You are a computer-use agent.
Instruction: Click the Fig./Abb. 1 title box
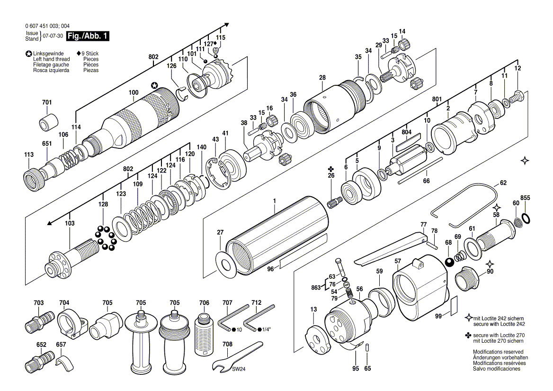[x=88, y=36]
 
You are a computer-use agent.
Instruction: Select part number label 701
[x=47, y=102]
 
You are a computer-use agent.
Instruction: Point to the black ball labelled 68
[x=449, y=263]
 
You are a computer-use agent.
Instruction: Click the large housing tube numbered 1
[x=277, y=236]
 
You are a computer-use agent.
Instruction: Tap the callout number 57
[x=398, y=261]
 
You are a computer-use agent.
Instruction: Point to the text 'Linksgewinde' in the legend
[x=48, y=54]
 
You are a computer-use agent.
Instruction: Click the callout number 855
[x=525, y=198]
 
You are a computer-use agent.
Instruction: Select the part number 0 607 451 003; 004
[x=47, y=26]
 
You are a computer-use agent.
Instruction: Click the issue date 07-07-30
[x=53, y=36]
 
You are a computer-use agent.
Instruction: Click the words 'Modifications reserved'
[x=498, y=352]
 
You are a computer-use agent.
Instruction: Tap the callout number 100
[x=134, y=92]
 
